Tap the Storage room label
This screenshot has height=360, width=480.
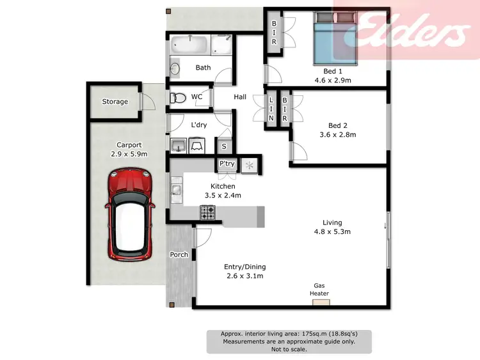click(x=115, y=102)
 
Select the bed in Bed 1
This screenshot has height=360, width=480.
click(x=335, y=39)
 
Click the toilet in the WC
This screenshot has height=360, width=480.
click(x=177, y=98)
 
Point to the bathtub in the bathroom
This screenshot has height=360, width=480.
click(x=189, y=45)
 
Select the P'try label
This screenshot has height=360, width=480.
click(x=227, y=164)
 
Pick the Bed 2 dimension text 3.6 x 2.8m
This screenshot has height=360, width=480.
click(x=337, y=135)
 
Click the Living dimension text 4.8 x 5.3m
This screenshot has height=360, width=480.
click(x=332, y=232)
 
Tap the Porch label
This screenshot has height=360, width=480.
click(x=179, y=254)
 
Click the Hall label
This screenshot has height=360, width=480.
click(x=240, y=97)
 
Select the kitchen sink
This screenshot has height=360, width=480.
click(x=177, y=189)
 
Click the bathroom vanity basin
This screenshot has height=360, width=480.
click(x=175, y=68)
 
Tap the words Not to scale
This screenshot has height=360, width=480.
click(x=289, y=349)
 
